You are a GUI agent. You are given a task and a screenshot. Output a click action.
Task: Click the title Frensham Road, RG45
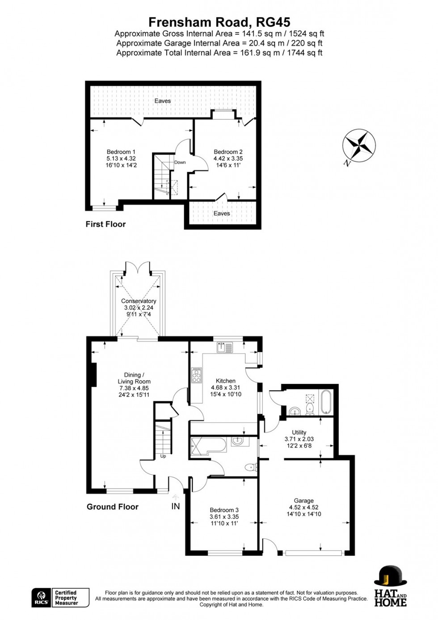coord(219,22)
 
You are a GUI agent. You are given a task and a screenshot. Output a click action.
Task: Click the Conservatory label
coord(139,301)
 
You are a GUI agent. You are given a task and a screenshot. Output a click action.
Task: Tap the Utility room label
coord(299,433)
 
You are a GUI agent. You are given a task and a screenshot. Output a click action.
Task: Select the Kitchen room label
coord(225,381)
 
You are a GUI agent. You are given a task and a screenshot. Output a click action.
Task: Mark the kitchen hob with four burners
coord(197,375)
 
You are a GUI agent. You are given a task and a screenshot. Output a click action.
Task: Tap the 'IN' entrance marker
coord(176,506)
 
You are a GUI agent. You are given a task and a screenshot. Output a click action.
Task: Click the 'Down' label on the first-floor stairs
coord(180,162)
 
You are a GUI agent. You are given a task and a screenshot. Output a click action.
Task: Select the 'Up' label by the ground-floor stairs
coord(163,456)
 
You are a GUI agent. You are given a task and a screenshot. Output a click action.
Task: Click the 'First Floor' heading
coord(105,224)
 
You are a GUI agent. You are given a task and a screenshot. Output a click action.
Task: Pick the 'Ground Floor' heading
coord(112,506)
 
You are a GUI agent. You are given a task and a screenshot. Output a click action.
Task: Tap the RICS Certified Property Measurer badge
coord(60,598)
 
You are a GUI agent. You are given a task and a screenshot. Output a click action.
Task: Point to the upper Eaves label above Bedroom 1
coord(163,101)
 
